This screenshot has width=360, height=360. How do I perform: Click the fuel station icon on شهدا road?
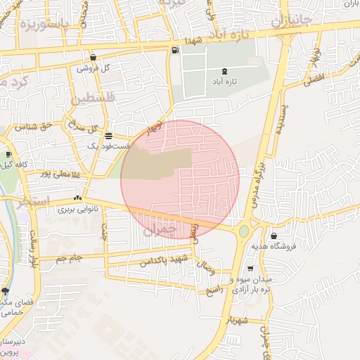click(174, 50)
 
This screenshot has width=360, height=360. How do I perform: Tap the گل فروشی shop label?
click(96, 68)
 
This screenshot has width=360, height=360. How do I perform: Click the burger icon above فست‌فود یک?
click(108, 135)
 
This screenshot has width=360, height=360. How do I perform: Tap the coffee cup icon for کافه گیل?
click(8, 154)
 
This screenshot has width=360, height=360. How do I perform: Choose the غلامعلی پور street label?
click(56, 174)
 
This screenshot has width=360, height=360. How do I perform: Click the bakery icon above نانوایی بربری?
click(77, 198)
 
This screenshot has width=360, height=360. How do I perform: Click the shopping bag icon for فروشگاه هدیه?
click(273, 236)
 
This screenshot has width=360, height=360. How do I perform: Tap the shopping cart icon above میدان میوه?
click(250, 269)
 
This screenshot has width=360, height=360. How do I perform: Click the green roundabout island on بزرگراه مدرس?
click(244, 231)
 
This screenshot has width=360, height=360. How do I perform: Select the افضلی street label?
click(314, 79)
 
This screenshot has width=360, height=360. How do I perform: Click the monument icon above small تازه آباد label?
click(224, 71)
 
